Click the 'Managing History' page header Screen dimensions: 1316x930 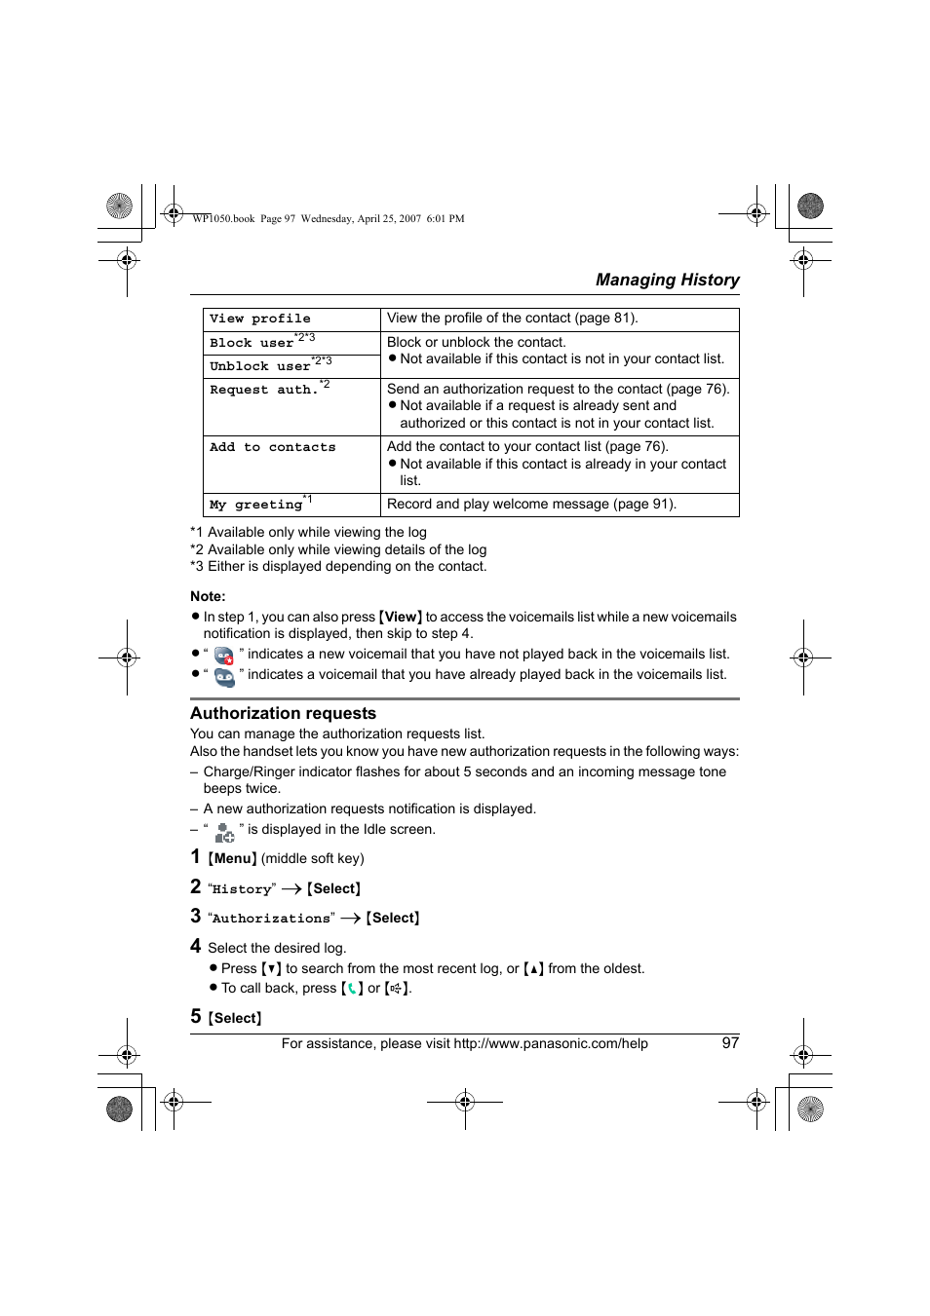(667, 280)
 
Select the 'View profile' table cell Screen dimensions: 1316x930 (260, 319)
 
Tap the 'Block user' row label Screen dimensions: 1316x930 (252, 343)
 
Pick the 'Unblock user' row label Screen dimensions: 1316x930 (259, 366)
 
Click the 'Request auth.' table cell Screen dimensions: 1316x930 (263, 390)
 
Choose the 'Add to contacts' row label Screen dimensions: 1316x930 (272, 447)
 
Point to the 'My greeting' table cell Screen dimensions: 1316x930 (255, 505)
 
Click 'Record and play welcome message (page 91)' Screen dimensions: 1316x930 (531, 504)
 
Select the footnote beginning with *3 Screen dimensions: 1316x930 (338, 566)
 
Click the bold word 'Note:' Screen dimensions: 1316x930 (208, 596)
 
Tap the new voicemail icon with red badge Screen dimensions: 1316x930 (224, 656)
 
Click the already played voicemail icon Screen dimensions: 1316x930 (224, 676)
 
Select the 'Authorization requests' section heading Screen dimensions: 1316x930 (283, 713)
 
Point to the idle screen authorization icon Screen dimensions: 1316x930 (224, 832)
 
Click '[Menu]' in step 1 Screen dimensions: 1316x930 (232, 858)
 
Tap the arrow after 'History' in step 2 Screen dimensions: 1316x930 (291, 889)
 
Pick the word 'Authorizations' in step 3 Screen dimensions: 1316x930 (271, 919)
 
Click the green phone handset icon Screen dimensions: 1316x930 (352, 988)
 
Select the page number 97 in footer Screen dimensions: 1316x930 (730, 1043)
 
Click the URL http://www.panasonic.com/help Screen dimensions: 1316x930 (551, 1043)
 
